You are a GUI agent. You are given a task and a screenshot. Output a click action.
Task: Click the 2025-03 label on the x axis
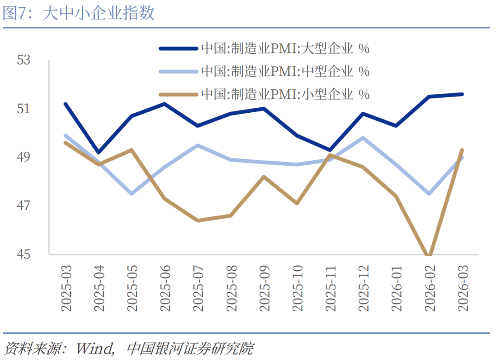(x=67, y=288)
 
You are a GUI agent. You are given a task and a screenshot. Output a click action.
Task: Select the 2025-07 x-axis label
(x=198, y=288)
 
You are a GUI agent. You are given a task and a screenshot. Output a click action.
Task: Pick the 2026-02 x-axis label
(x=429, y=288)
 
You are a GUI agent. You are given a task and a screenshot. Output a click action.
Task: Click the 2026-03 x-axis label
(x=462, y=288)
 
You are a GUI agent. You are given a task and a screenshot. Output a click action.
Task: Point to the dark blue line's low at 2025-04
(x=98, y=152)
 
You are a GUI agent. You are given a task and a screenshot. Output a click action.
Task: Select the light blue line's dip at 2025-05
(x=132, y=193)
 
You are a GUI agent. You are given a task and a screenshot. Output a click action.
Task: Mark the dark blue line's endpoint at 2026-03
(x=462, y=94)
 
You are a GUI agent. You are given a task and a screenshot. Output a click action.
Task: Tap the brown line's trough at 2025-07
(x=198, y=220)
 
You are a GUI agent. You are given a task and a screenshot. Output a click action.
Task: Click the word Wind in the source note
(x=94, y=348)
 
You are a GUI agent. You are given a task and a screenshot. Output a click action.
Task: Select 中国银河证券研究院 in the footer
(x=189, y=348)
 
